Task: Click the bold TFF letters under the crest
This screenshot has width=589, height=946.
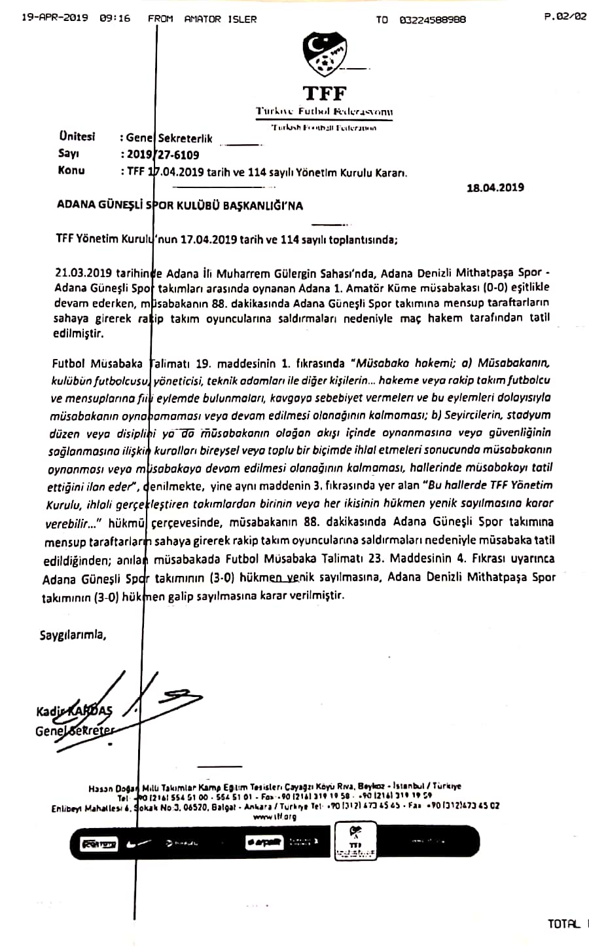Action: tap(324, 93)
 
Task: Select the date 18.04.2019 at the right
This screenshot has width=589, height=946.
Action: tap(495, 188)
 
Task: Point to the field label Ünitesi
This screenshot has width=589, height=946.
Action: tap(77, 136)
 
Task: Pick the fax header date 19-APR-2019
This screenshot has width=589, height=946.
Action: tap(54, 18)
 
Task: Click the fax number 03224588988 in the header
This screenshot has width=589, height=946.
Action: tap(433, 20)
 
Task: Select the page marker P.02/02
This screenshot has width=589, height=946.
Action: tap(565, 18)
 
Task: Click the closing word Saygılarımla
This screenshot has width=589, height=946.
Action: tap(72, 635)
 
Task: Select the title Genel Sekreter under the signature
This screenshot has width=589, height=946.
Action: tap(74, 731)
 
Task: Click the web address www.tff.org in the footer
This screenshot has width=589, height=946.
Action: tap(274, 817)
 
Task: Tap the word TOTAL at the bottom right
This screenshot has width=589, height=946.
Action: tap(564, 924)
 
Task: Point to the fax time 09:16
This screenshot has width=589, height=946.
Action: tap(115, 18)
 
